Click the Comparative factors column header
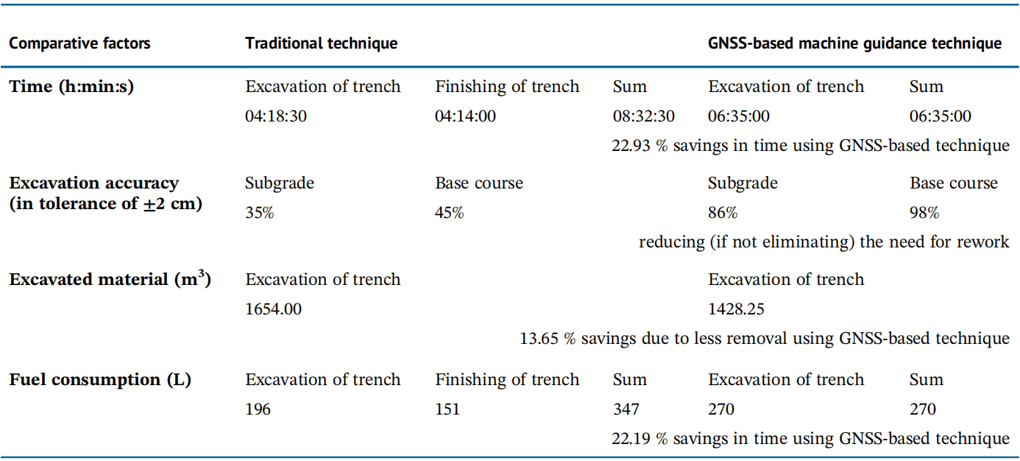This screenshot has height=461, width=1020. [79, 43]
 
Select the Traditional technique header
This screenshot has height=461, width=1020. [321, 43]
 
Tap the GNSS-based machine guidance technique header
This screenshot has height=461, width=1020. [854, 43]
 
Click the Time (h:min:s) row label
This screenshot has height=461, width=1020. [71, 87]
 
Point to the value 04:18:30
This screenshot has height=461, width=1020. [276, 116]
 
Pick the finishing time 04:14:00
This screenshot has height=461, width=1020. [465, 116]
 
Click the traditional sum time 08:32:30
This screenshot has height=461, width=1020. [643, 116]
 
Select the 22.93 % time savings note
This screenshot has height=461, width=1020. [810, 146]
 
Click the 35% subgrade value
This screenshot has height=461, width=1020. [259, 213]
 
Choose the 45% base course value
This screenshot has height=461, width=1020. [449, 213]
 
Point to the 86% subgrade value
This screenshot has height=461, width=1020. [722, 213]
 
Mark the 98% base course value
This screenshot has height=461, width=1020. [924, 213]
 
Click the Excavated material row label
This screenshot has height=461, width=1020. [110, 279]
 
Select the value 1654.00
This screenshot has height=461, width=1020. [273, 309]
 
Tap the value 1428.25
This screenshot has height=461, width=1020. [736, 309]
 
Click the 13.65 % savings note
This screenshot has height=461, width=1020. [765, 339]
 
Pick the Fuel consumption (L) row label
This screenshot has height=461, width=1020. [99, 380]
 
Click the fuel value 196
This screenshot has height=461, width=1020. [258, 409]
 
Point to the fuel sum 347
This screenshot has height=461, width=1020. [626, 409]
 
